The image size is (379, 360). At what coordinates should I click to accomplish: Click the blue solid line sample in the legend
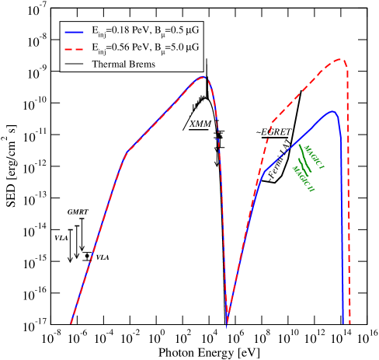(x=75, y=32)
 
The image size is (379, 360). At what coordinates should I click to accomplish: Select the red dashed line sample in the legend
(x=75, y=47)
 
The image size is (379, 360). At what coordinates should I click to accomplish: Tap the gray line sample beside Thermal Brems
(x=75, y=64)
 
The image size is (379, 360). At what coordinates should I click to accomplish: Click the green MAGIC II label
(x=303, y=178)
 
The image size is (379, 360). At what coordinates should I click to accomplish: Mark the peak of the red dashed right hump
(x=339, y=59)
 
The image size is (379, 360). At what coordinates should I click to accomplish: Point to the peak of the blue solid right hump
(x=332, y=111)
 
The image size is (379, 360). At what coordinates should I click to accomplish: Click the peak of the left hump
(x=203, y=77)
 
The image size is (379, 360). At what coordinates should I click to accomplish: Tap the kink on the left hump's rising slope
(x=127, y=150)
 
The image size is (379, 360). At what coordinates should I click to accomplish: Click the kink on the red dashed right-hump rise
(x=272, y=122)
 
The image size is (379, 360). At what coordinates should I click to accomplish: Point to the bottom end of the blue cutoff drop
(x=343, y=322)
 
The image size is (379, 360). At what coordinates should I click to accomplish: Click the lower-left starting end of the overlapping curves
(x=71, y=323)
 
